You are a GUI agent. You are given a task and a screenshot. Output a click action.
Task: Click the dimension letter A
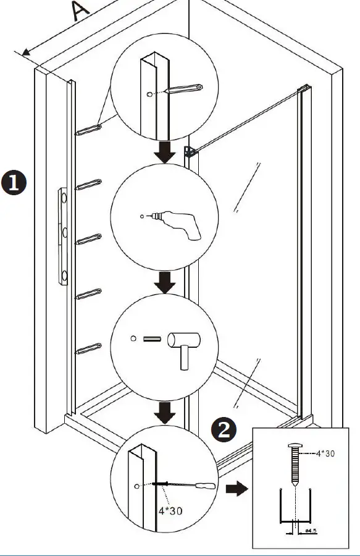[80, 12]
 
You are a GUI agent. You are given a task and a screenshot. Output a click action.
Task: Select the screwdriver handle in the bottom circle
[199, 485]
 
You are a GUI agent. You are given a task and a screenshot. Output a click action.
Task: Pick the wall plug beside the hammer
[152, 339]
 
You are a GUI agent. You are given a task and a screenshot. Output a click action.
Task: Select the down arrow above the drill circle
[164, 152]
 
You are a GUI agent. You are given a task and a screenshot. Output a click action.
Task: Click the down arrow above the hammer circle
[164, 283]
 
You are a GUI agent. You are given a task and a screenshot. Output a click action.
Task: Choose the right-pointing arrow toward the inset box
[236, 490]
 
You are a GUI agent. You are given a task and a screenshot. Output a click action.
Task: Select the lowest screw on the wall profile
[88, 349]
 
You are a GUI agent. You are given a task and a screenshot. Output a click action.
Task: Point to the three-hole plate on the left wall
[64, 237]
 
